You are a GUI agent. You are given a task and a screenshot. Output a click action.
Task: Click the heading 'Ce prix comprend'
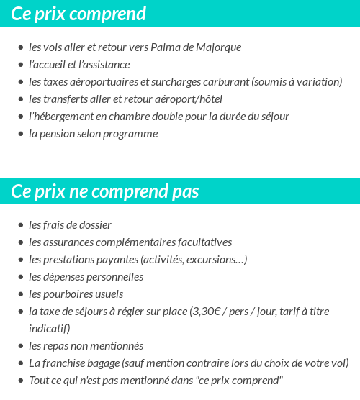[x=78, y=14]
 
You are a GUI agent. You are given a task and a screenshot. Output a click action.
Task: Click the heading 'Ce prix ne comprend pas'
[x=105, y=192]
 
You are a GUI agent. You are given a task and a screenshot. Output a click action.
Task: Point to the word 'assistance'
[x=104, y=65]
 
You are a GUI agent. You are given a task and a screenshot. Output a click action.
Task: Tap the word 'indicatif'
[x=48, y=329]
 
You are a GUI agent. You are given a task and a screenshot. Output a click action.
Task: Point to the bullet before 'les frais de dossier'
[x=21, y=226]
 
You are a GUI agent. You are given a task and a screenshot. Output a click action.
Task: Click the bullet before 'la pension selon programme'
[x=21, y=135]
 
